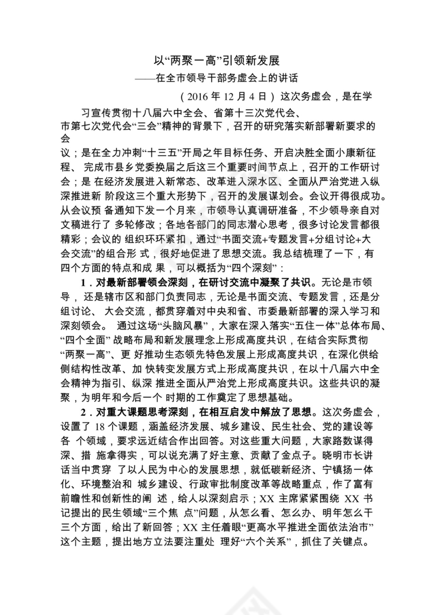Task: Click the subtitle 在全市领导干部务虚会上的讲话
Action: pyautogui.click(x=226, y=79)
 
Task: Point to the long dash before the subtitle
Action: pyautogui.click(x=145, y=79)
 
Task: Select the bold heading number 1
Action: pyautogui.click(x=83, y=282)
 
